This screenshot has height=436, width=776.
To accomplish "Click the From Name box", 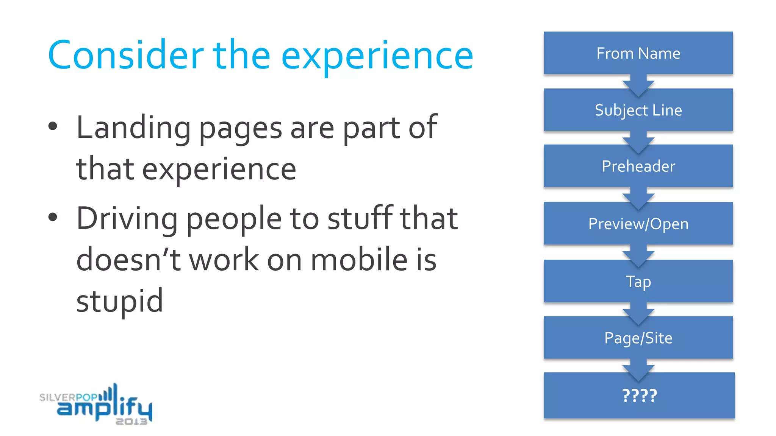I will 638,53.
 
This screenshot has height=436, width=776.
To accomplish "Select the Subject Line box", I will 638,110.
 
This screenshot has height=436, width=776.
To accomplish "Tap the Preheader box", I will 638,166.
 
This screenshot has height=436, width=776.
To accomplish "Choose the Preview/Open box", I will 638,224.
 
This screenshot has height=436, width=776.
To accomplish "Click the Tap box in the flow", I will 638,281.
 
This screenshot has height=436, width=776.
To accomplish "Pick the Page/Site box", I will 638,338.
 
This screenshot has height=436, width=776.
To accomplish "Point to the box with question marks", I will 639,396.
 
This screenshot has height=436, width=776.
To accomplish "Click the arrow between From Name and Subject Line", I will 638,84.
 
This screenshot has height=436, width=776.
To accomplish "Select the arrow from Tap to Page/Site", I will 638,312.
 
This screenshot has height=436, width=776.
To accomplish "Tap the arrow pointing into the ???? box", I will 638,369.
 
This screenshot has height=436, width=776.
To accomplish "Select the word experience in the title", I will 377,57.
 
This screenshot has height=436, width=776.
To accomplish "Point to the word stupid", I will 120,301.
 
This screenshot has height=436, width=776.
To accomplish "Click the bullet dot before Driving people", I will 53,217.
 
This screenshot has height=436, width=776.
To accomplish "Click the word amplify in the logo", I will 104,407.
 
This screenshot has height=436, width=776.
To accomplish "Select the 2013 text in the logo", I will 131,422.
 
